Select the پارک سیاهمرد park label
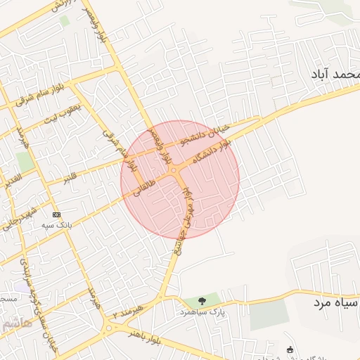[202, 310]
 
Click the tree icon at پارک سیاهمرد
[202, 300]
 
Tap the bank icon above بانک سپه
[56, 214]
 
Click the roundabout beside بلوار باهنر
[109, 327]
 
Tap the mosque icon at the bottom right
[290, 350]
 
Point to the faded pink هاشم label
[16, 324]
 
